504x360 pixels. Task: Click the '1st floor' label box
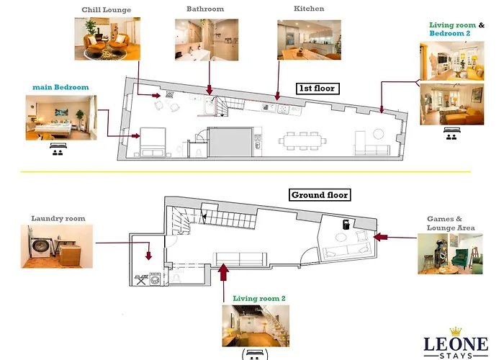click(318, 89)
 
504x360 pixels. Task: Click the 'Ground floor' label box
click(320, 195)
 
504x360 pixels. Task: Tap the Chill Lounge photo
click(107, 38)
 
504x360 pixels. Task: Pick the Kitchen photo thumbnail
click(309, 39)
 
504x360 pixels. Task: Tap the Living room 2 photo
click(255, 325)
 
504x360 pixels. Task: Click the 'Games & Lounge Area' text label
click(446, 223)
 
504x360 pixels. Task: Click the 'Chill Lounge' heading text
click(107, 9)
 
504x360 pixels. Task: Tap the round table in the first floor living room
click(379, 134)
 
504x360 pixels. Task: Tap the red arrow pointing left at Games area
click(380, 236)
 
